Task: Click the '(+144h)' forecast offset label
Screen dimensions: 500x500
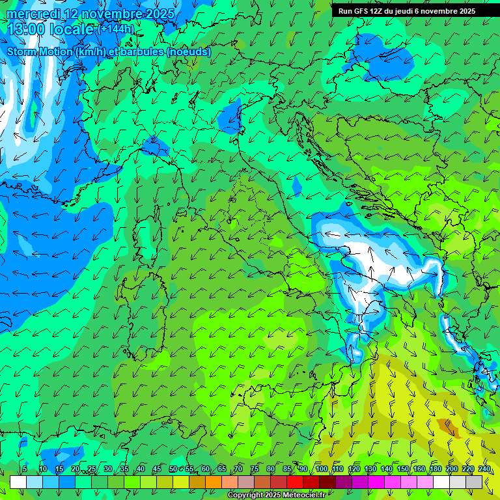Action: click(x=116, y=29)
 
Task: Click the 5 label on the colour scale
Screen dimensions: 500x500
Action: click(x=25, y=469)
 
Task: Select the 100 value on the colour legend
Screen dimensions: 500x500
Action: click(x=321, y=469)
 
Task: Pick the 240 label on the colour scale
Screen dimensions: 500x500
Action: click(x=484, y=469)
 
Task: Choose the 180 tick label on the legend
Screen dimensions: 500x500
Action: click(x=435, y=469)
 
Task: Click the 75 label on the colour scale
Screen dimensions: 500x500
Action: click(x=255, y=469)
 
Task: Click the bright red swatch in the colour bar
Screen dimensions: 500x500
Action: click(x=295, y=482)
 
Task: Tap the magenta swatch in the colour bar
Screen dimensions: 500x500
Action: click(x=376, y=482)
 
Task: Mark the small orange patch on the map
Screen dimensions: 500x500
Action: click(x=447, y=426)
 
